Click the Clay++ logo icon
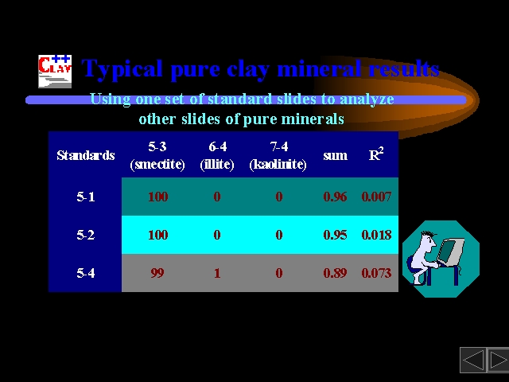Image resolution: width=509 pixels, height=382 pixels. pos(55,71)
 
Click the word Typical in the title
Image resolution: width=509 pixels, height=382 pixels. pos(122,69)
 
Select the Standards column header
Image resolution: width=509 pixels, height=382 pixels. pos(86,155)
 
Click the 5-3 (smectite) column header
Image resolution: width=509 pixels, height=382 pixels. pos(157,155)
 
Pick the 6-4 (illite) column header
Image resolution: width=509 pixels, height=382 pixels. pos(217,155)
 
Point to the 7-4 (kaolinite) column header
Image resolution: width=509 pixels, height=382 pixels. pos(278,155)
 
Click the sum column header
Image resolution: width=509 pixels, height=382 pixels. pos(336,156)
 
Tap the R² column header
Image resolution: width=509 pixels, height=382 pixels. pos(376,154)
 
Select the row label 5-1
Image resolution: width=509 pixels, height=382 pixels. pos(86,197)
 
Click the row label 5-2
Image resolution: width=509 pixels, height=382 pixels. pos(86,235)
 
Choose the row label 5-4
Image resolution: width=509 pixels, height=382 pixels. pos(86,273)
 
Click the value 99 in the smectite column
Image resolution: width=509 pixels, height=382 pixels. pos(157,273)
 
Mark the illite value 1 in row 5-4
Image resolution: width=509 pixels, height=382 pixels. pos(217,273)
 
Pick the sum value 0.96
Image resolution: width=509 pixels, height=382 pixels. pos(335,197)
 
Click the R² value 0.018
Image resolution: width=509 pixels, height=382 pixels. pos(376,235)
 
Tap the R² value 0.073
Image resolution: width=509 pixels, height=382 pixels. pos(376,273)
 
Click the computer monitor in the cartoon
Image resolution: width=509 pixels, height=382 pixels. pos(450,251)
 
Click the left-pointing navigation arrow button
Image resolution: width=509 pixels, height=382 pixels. pos(473,360)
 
